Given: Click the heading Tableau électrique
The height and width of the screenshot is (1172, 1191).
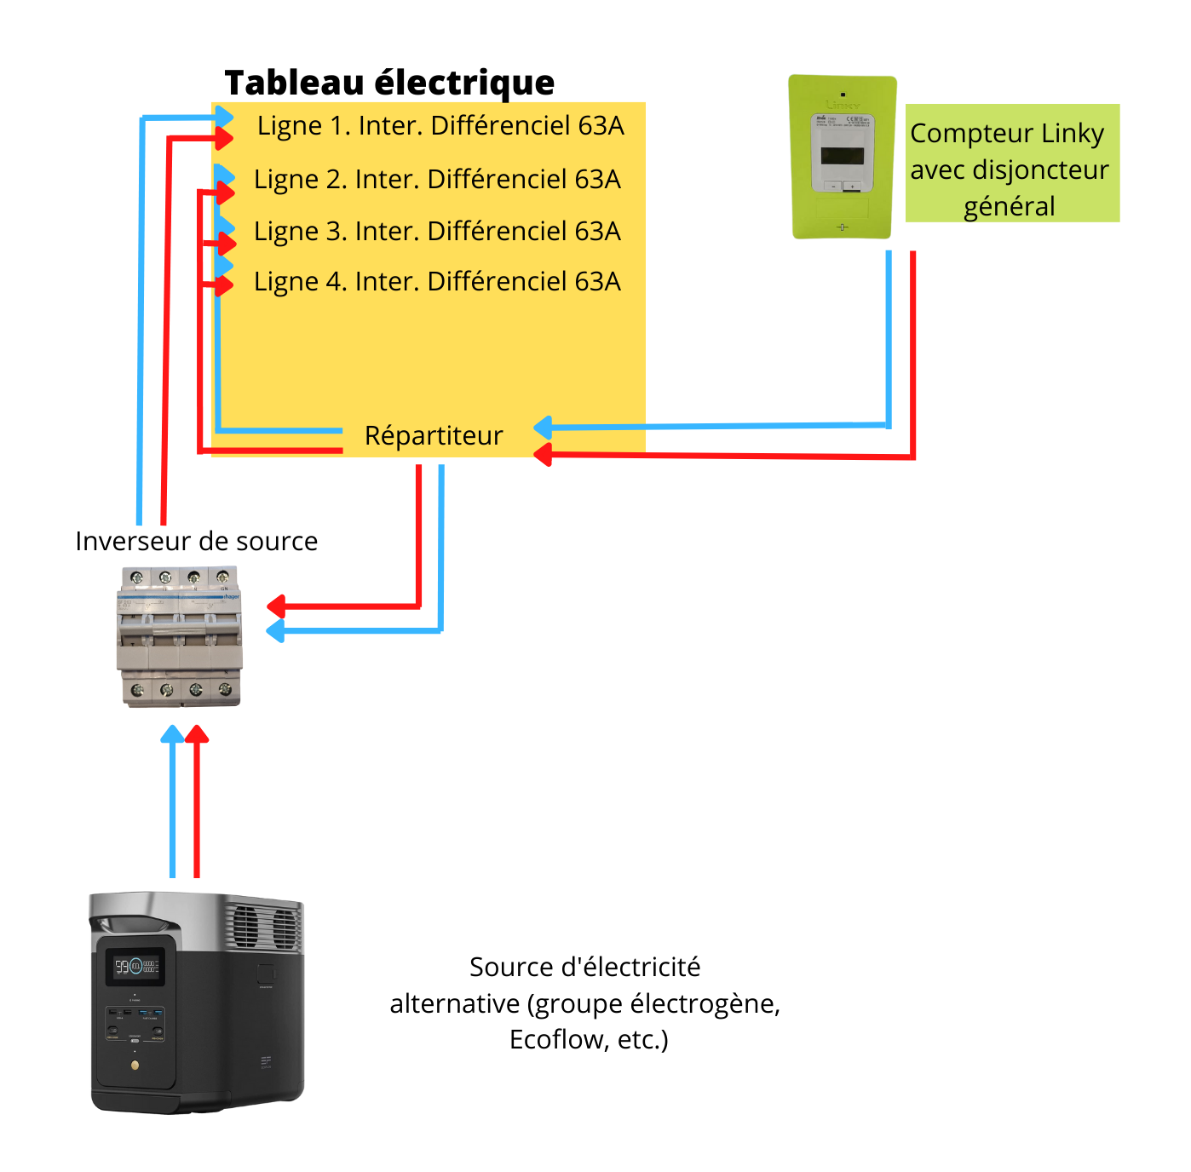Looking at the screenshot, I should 389,83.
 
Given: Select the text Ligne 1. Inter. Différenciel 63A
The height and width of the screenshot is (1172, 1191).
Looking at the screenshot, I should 440,126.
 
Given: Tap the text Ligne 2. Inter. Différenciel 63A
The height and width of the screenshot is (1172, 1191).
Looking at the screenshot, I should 437,180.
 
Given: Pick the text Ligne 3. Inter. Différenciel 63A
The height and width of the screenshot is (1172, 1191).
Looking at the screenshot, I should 437,232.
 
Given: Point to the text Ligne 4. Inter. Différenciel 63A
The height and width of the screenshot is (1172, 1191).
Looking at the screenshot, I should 437,282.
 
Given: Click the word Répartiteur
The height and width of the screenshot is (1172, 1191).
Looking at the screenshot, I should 434,435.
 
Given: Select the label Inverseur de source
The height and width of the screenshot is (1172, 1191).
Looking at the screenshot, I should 196,541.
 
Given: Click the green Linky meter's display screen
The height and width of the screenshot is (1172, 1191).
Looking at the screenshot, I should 842,156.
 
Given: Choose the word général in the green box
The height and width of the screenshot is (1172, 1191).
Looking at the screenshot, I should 1009,207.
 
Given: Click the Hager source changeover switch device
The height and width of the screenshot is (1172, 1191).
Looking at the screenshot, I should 180,637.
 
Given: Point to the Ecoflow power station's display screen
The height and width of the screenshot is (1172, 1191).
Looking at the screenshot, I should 135,967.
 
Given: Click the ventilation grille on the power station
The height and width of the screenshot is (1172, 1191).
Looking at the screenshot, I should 264,926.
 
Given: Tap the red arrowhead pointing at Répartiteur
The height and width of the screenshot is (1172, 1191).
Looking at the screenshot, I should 543,455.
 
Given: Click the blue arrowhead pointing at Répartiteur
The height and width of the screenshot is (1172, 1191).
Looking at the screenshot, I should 543,427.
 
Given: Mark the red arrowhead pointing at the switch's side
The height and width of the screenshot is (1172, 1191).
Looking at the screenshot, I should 275,606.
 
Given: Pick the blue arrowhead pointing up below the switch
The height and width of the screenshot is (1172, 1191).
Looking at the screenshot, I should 173,734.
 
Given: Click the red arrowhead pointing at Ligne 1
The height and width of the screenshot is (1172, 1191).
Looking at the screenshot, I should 224,138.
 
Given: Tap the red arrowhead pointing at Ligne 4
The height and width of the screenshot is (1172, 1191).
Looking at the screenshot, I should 224,284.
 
